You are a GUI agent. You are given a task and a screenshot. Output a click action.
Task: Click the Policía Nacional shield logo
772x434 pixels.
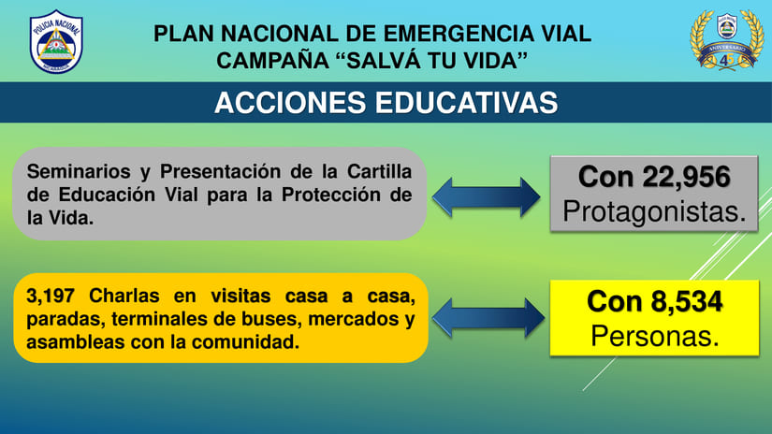(56, 42)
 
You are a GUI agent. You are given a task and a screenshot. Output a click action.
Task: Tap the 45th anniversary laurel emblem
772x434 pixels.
(726, 40)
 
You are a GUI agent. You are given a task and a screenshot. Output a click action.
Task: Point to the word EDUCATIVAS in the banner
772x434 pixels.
(466, 103)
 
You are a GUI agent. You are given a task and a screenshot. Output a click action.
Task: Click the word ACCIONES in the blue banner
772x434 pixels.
(290, 103)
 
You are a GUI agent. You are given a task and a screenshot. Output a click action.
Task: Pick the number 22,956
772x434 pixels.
(686, 177)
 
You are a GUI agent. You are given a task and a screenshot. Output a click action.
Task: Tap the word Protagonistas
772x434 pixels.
(654, 211)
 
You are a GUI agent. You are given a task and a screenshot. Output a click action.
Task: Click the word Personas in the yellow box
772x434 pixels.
(655, 336)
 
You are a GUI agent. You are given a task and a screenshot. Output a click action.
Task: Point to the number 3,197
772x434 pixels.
(51, 297)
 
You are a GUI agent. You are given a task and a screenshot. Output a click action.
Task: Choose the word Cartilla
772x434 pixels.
(379, 172)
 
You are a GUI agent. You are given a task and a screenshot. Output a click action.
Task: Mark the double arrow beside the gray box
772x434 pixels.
(486, 196)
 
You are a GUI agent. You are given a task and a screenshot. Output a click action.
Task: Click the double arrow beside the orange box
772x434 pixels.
(488, 318)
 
